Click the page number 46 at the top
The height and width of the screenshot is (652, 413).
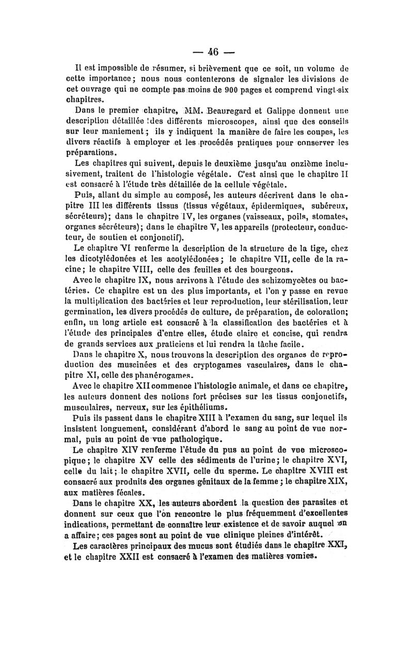pos(213,52)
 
